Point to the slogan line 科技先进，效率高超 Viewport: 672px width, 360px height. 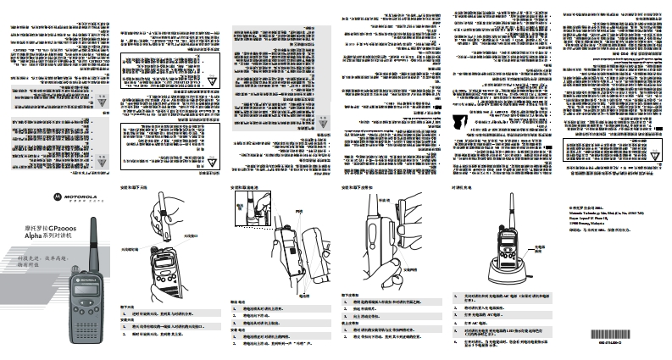pyautogui.click(x=44, y=254)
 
